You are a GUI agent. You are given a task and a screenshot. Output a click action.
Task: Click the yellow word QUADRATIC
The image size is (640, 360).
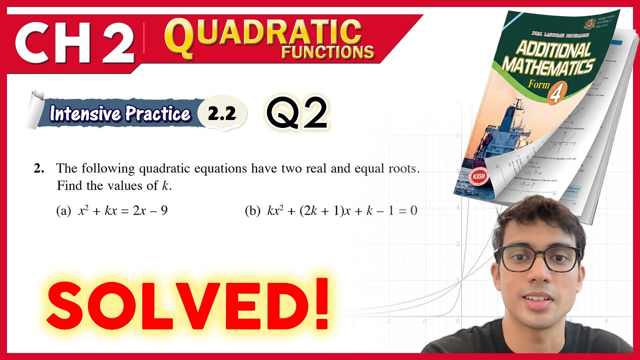[x=263, y=34]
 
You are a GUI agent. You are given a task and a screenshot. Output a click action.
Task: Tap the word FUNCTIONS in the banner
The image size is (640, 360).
[x=327, y=51]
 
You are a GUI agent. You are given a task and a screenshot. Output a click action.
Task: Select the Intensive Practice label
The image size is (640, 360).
[x=120, y=114]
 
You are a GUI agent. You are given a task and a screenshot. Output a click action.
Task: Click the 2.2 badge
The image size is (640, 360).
[x=222, y=114]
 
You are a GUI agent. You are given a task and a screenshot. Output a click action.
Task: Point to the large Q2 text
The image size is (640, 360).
[x=297, y=113]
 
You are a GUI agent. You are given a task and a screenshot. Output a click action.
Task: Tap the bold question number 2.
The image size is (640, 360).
[x=38, y=168]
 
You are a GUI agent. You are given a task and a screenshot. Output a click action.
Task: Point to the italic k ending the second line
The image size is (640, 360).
[x=164, y=186]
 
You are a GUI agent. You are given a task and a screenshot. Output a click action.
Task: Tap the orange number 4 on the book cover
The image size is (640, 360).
[x=554, y=95]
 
